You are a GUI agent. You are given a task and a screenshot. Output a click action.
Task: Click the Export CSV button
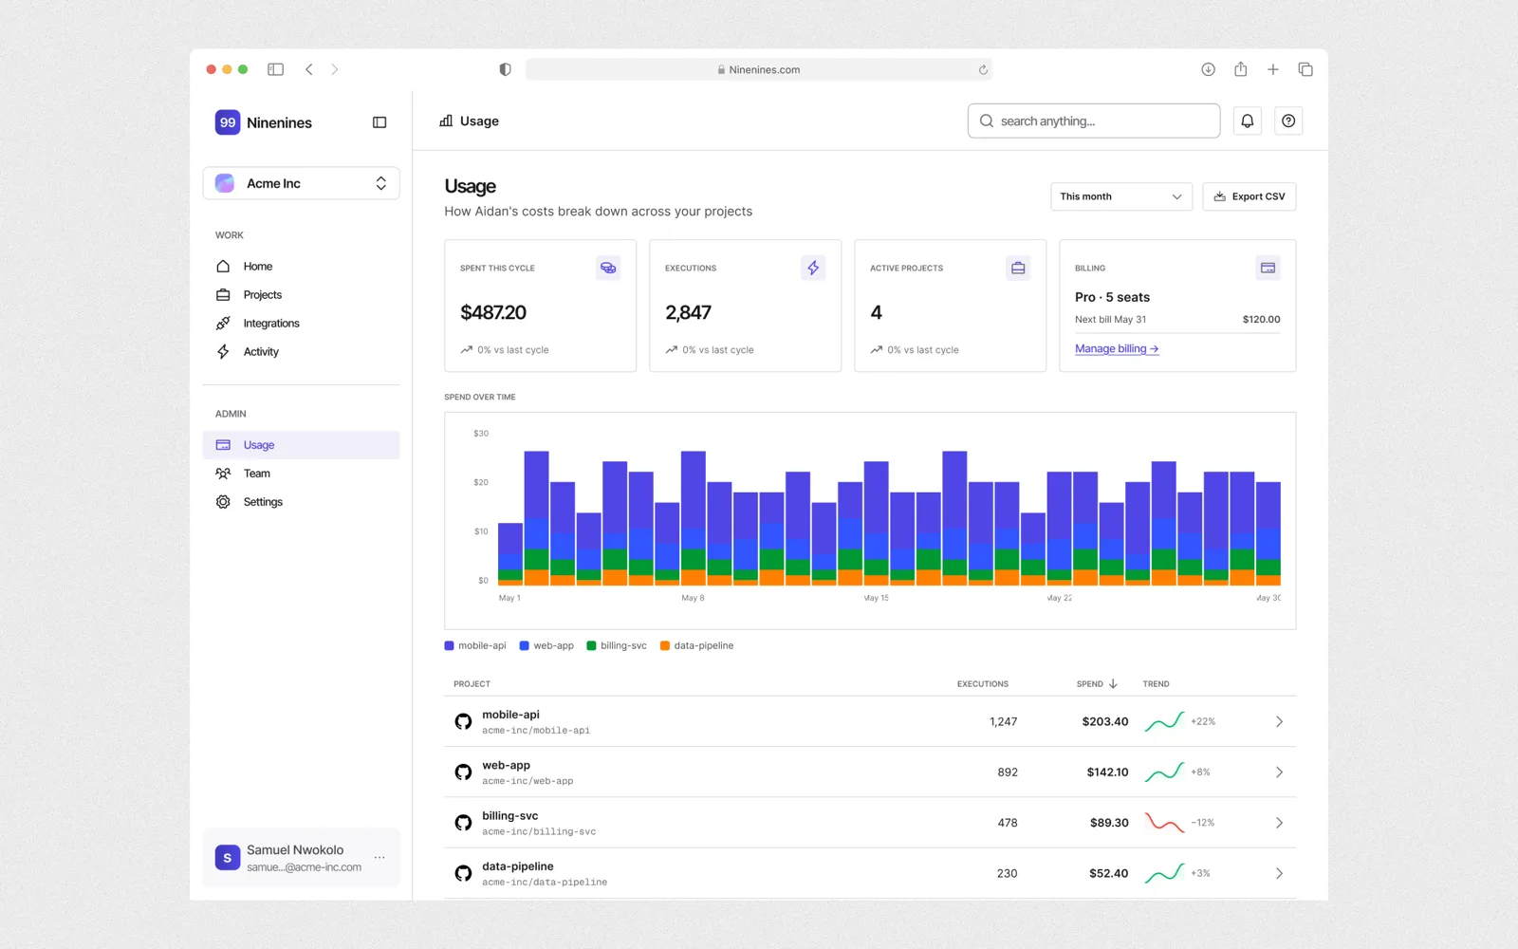point(1249,196)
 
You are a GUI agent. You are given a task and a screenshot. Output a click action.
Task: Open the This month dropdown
point(1120,196)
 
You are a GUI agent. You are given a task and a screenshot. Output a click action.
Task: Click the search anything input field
point(1094,121)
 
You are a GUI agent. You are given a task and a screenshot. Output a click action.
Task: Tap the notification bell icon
point(1247,121)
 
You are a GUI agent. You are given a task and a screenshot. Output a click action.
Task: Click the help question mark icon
point(1288,121)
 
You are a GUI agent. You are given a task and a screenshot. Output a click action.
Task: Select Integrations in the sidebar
point(271,324)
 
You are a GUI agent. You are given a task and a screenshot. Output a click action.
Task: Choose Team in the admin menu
point(256,474)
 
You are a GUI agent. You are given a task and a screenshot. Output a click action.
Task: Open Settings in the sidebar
point(263,502)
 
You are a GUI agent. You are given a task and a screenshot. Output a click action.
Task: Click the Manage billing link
point(1116,348)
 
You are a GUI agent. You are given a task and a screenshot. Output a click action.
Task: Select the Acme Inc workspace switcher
point(301,183)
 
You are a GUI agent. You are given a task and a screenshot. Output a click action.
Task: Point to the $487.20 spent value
point(492,312)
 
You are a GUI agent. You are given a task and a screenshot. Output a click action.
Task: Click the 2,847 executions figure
point(688,312)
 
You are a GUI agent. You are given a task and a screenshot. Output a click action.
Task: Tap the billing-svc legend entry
point(617,645)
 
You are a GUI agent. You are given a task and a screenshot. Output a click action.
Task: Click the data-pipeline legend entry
point(696,645)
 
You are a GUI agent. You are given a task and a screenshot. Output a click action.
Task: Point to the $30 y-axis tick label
point(481,433)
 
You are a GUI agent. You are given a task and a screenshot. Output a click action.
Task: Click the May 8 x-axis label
point(693,598)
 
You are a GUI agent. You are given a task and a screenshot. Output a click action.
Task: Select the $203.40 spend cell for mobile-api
point(1104,721)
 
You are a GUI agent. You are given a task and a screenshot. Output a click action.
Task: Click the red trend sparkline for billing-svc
point(1164,823)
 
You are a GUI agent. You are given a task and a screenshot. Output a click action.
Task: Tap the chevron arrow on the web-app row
point(1279,772)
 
